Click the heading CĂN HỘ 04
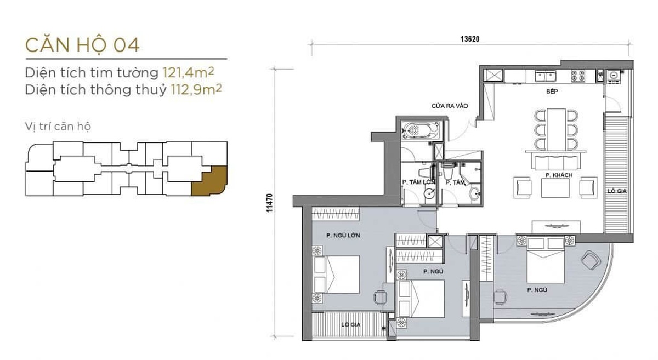pyautogui.click(x=82, y=45)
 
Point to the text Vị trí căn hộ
pyautogui.click(x=58, y=127)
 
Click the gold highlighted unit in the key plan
pyautogui.click(x=208, y=179)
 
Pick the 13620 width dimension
pyautogui.click(x=470, y=38)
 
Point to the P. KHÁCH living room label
pyautogui.click(x=555, y=175)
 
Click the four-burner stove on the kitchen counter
pyautogui.click(x=577, y=75)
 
